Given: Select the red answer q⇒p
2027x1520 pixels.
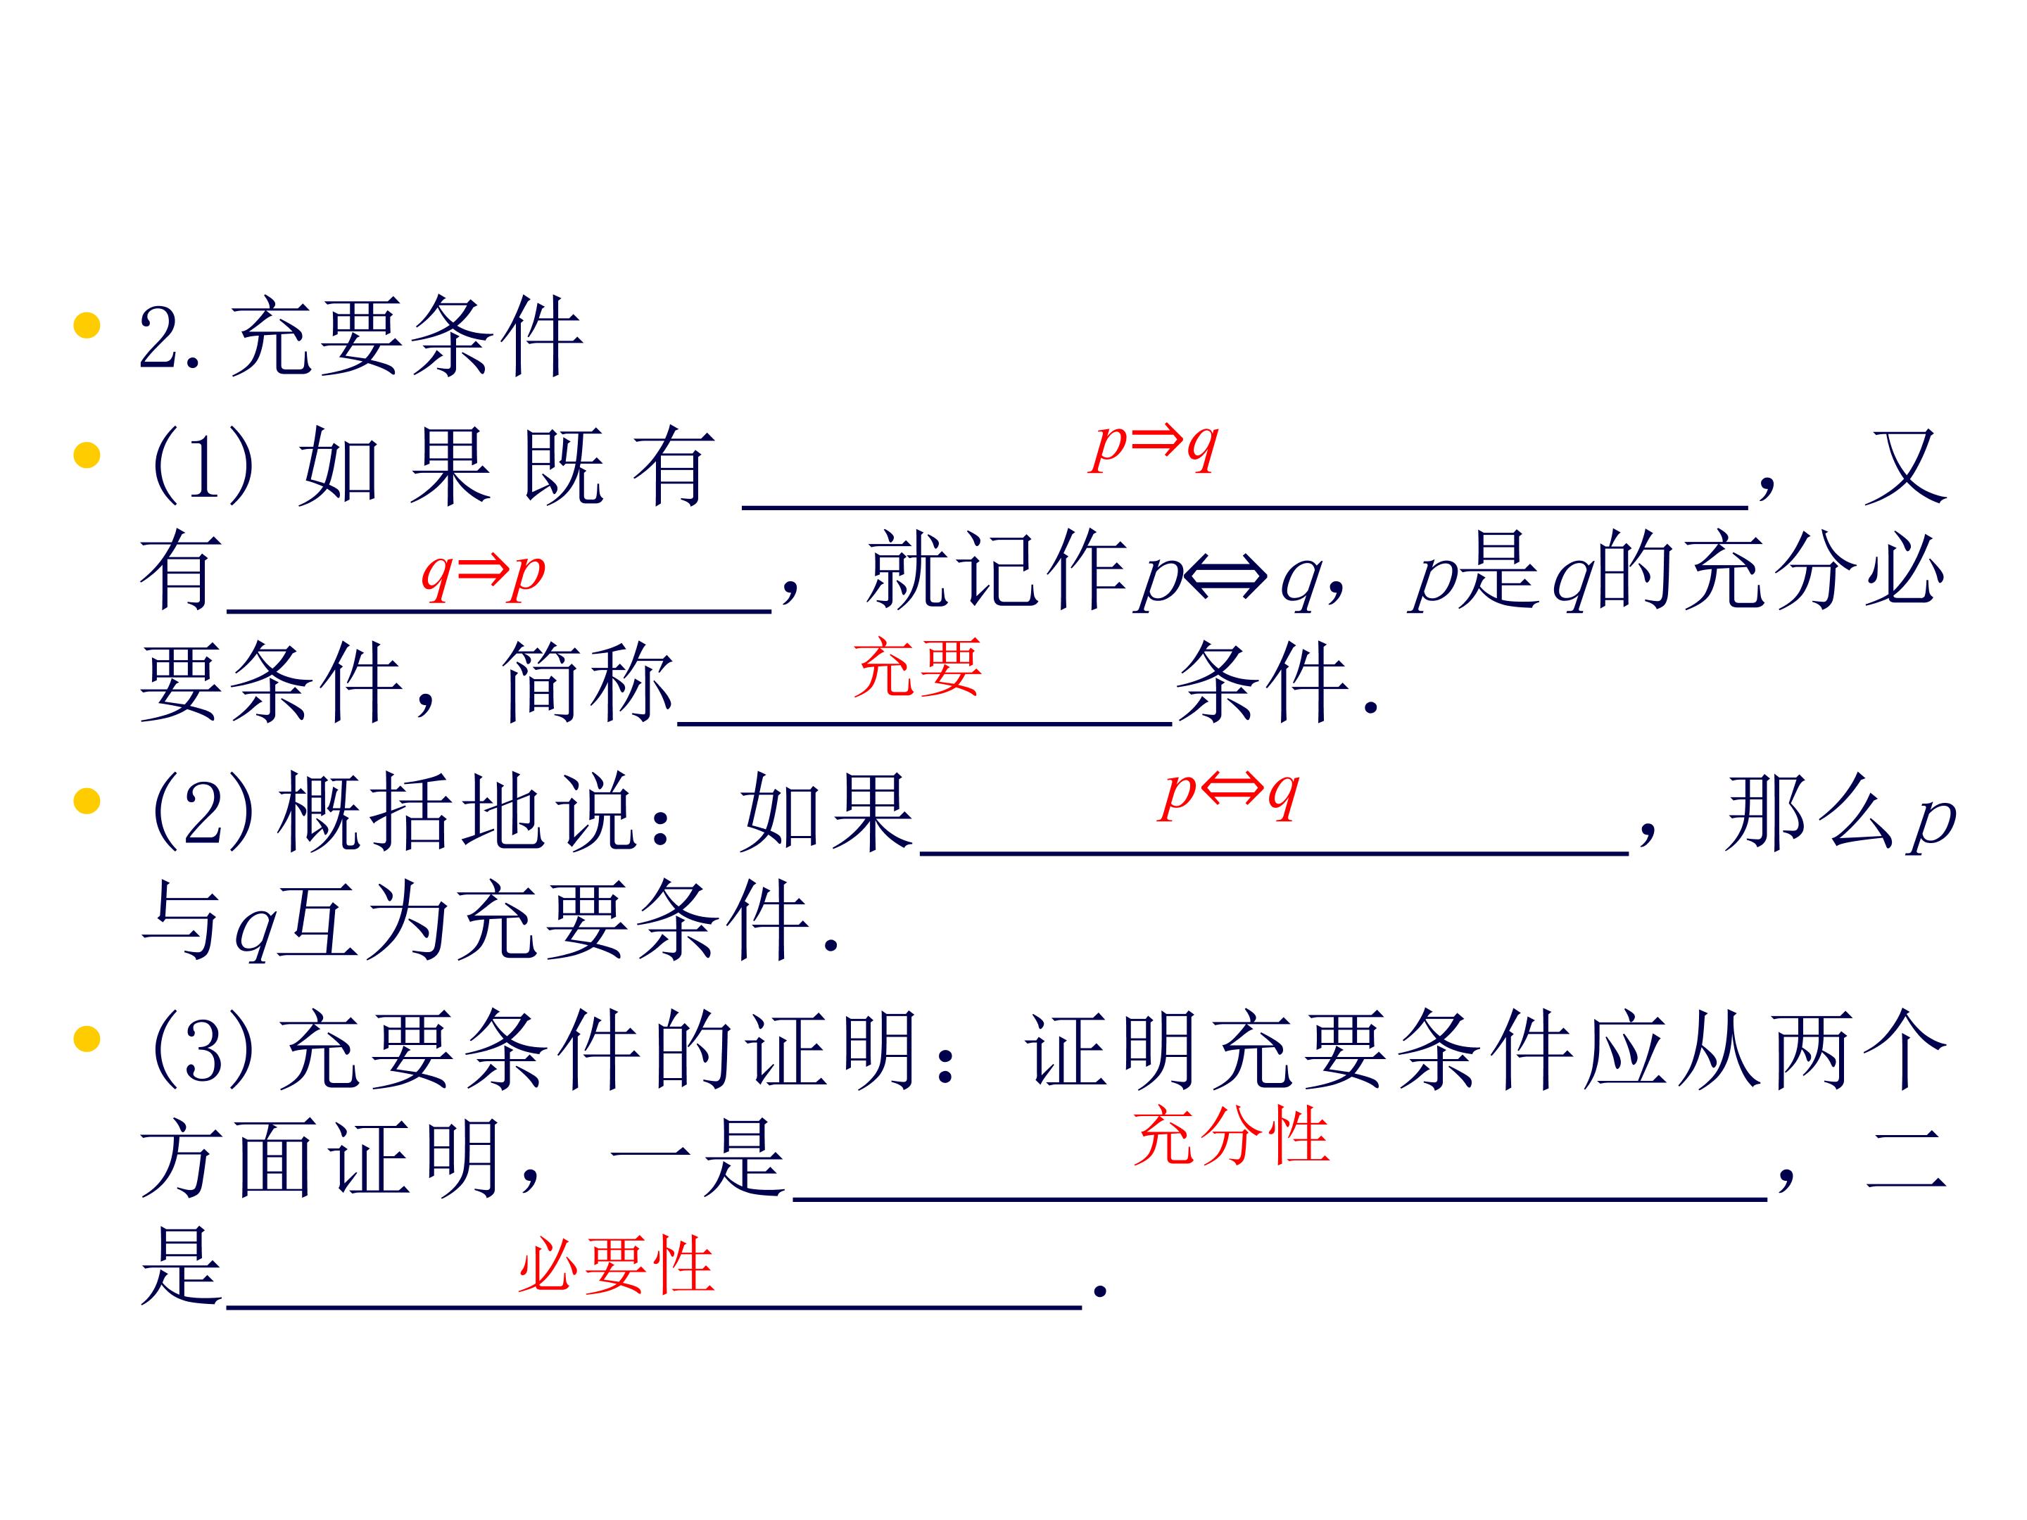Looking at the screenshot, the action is tap(483, 573).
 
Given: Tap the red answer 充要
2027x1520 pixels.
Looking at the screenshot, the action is tap(917, 668).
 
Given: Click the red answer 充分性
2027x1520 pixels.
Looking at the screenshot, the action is tap(1231, 1135).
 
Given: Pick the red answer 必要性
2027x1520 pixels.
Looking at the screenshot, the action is tap(616, 1265).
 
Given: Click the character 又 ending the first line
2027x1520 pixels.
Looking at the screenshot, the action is tap(1905, 467).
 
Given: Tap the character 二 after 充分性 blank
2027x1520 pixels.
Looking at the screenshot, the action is tap(1905, 1159).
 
